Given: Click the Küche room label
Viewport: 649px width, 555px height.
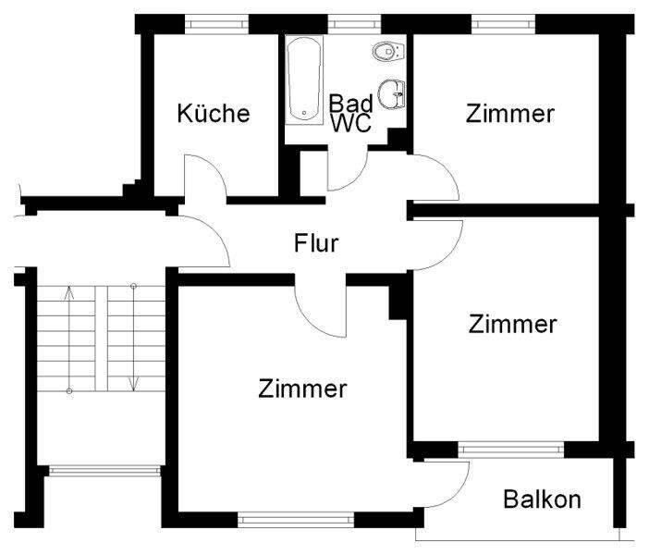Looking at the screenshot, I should (x=214, y=114).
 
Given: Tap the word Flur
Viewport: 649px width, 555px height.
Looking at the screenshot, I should (x=317, y=244).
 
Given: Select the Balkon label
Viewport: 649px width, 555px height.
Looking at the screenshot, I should (x=543, y=500).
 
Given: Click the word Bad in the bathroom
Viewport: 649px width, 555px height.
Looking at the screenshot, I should (x=351, y=103).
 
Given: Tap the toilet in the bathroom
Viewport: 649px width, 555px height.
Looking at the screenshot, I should (x=383, y=52).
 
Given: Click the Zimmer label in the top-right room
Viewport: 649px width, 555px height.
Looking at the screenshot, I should (x=510, y=114).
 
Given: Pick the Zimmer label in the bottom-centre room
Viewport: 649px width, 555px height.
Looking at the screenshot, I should (x=303, y=388).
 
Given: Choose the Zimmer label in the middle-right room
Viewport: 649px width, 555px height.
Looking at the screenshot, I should (x=513, y=325).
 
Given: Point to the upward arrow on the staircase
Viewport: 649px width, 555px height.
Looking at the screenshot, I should (x=68, y=298).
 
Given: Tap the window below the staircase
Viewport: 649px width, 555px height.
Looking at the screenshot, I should (x=104, y=470).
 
